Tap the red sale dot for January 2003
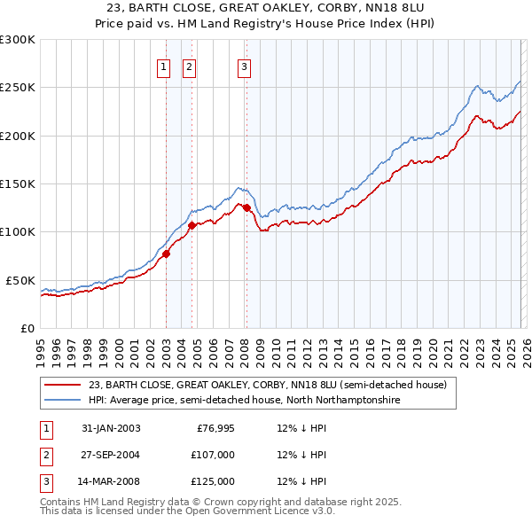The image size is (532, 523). tap(166, 254)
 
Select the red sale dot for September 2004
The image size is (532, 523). tap(192, 225)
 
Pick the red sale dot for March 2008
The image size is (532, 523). tap(246, 207)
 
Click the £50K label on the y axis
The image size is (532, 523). tap(20, 280)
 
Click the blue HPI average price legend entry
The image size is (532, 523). tap(245, 401)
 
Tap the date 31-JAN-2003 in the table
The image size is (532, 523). tap(111, 428)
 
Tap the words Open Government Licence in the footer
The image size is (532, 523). tap(239, 511)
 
